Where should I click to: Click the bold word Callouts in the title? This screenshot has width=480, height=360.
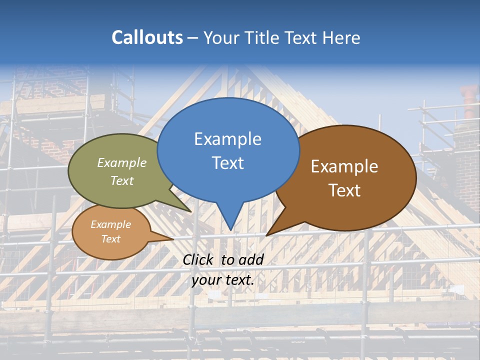147,37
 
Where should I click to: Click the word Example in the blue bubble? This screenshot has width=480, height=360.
227,139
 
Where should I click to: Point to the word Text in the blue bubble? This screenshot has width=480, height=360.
227,163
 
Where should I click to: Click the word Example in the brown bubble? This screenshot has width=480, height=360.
344,166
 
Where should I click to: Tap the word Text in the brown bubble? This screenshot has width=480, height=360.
344,190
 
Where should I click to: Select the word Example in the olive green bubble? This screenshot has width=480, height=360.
122,163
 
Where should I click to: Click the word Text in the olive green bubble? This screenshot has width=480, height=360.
122,180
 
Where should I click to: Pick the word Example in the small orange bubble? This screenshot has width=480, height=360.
110,224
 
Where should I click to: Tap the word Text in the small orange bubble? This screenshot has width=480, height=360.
110,239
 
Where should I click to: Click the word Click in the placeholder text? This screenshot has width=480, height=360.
198,259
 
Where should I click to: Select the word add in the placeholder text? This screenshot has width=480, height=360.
251,259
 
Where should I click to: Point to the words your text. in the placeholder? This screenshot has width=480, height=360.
223,279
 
